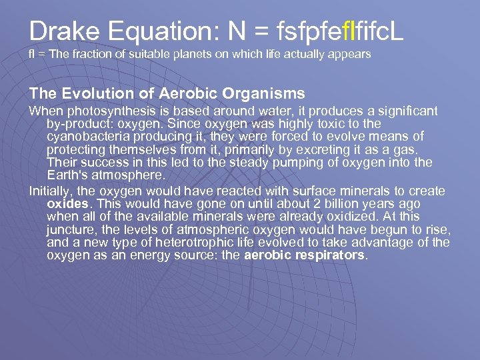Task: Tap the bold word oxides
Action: (68, 204)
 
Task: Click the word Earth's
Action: (71, 175)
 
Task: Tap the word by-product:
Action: (76, 124)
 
